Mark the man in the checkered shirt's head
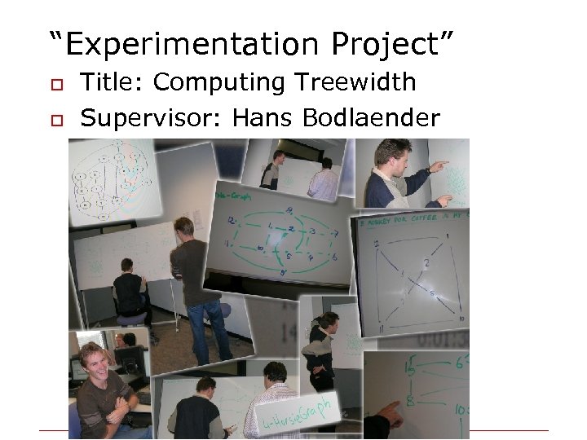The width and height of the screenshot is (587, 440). coord(274,374)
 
